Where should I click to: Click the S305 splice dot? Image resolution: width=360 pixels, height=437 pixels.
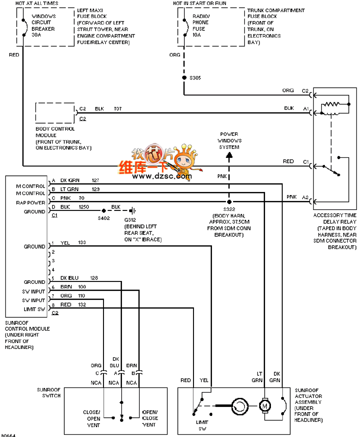184,77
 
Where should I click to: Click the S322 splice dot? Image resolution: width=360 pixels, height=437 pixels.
229,201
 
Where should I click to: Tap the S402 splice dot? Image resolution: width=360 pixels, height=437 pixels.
104,211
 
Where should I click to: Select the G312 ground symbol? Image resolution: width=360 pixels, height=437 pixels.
132,211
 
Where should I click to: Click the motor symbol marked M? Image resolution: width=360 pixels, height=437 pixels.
265,406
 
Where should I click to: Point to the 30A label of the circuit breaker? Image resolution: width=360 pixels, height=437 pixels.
36,35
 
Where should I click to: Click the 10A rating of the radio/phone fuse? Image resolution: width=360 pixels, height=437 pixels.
197,35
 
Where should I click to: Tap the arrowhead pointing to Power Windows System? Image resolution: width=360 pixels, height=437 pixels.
229,156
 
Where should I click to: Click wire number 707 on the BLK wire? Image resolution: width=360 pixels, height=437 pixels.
118,109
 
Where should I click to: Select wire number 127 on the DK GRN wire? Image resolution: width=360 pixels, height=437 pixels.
95,180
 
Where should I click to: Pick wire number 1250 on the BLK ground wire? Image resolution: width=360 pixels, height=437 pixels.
84,207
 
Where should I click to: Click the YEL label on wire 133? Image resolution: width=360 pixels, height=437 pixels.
65,243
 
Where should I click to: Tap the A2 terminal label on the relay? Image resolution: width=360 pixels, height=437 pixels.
306,197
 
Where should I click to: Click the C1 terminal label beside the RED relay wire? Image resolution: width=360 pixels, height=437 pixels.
306,162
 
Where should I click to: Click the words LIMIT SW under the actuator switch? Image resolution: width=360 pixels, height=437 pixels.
202,426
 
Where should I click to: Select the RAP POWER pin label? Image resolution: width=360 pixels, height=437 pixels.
31,203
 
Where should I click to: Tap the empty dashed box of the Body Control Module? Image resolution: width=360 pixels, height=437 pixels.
55,113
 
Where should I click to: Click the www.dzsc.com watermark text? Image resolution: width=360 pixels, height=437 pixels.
162,176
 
